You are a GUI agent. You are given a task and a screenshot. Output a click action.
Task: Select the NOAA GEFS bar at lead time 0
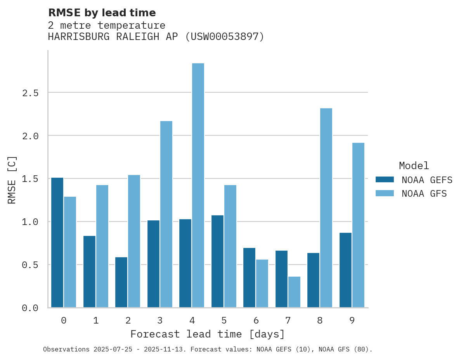click(57, 242)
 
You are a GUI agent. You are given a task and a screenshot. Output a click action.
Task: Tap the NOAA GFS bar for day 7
click(294, 292)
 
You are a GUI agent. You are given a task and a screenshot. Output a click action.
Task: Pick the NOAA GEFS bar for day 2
click(121, 282)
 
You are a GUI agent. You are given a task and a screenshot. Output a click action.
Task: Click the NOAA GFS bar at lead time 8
click(326, 208)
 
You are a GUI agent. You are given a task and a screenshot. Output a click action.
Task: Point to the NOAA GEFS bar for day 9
click(345, 270)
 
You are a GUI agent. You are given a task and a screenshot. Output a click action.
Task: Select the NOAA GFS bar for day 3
click(166, 214)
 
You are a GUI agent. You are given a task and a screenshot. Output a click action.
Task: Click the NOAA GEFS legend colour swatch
click(385, 180)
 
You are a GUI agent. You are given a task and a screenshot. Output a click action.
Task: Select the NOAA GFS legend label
click(424, 194)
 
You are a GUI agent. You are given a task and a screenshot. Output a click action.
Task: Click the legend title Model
click(414, 166)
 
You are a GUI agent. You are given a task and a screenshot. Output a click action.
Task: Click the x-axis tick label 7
click(288, 320)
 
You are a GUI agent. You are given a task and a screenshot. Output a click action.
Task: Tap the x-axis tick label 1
click(96, 320)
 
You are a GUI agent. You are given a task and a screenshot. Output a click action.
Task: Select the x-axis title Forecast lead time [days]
click(208, 334)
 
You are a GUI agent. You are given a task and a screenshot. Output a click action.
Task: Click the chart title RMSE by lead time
click(102, 13)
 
